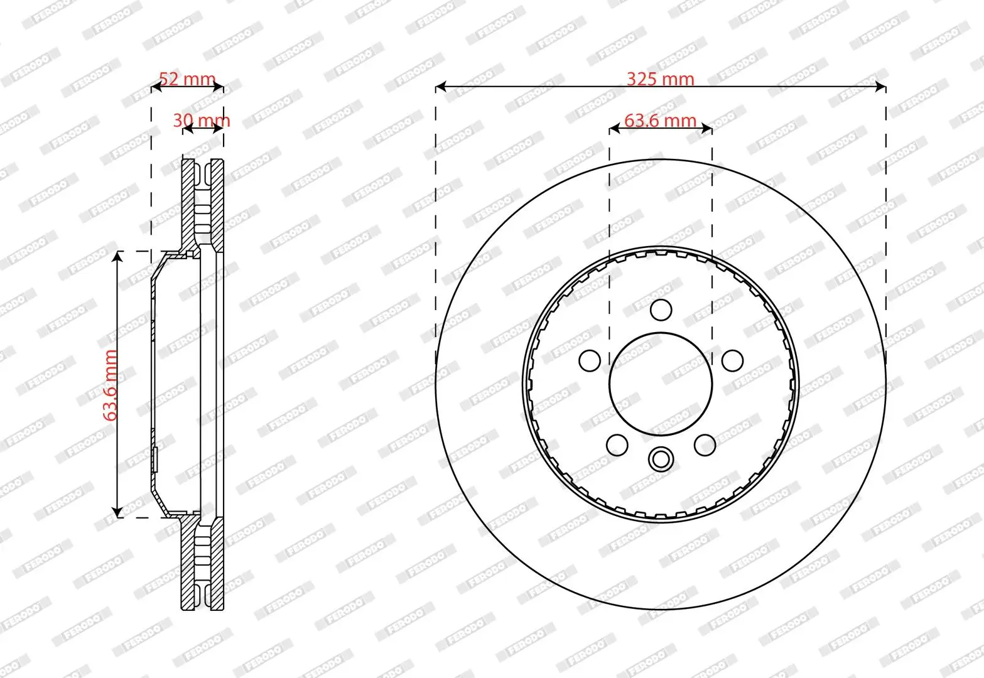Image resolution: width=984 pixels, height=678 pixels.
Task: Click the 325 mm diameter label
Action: [x=660, y=79]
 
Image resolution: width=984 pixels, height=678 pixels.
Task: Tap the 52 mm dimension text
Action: [x=187, y=79]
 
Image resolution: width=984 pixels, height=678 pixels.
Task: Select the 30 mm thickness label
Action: [x=202, y=120]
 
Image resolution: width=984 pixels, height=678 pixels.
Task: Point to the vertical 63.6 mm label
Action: [x=111, y=385]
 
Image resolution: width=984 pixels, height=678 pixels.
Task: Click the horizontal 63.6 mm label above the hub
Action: [x=660, y=120]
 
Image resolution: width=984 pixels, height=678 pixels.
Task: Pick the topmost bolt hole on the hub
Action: [x=661, y=310]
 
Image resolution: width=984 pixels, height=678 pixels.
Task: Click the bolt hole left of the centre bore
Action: [x=590, y=360]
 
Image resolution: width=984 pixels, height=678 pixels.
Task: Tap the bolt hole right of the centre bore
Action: [x=732, y=360]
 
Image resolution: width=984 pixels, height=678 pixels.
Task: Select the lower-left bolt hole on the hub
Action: [x=617, y=444]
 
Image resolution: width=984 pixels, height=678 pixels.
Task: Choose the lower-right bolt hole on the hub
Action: [x=705, y=444]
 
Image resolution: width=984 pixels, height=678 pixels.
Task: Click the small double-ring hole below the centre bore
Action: [x=661, y=459]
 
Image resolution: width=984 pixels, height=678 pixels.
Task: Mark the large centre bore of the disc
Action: [x=661, y=383]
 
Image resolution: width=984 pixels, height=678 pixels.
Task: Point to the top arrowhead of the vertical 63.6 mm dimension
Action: [x=117, y=256]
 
